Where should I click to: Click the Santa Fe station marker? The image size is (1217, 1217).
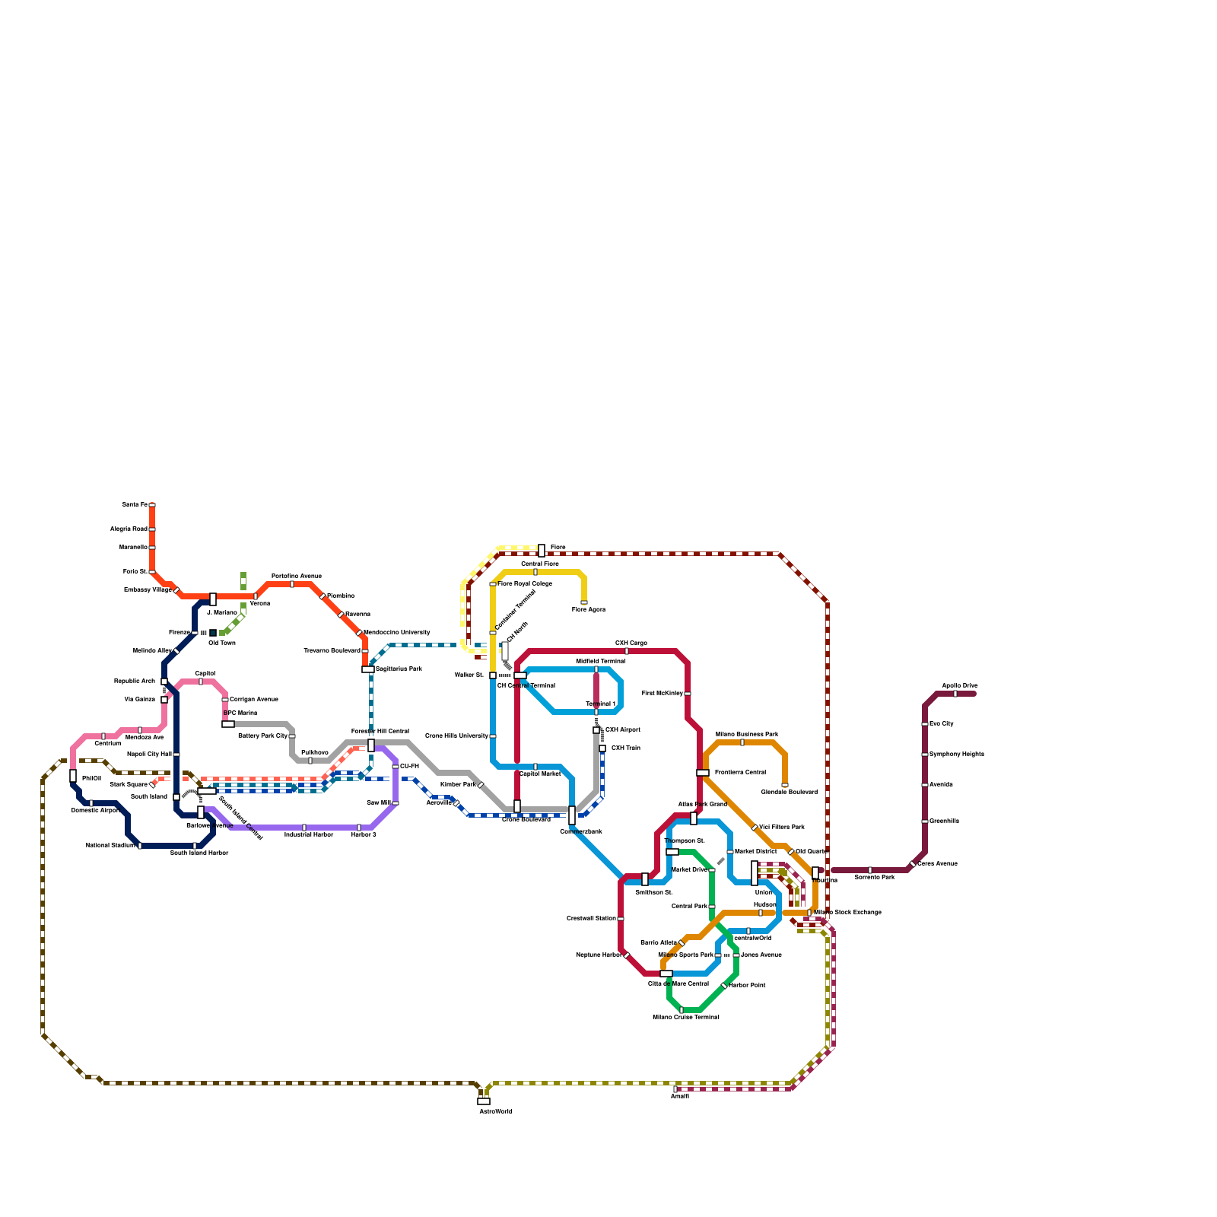coord(152,505)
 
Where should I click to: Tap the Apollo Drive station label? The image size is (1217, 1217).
coord(959,685)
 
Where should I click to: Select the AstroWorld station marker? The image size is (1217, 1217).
coord(484,1101)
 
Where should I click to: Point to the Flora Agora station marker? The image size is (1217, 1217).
coord(584,602)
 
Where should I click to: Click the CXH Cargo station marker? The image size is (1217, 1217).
coord(627,651)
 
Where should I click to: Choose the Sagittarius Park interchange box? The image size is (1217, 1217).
coord(368,669)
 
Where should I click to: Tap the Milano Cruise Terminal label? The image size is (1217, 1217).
coord(685,1017)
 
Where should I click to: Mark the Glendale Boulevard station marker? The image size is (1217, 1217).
coord(785,785)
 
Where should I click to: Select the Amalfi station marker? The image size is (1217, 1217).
coord(675,1089)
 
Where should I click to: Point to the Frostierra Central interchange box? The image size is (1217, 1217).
coord(703,773)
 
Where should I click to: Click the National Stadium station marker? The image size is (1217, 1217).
coord(140,846)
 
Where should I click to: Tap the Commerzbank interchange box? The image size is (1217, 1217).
coord(572,815)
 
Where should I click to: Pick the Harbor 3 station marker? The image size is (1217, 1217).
coord(359,828)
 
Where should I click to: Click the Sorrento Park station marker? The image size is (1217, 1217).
coord(870,870)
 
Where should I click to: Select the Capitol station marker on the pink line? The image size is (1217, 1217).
coord(201,682)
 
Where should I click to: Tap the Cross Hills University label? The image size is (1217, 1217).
coord(456,736)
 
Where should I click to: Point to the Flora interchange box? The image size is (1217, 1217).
coord(542,551)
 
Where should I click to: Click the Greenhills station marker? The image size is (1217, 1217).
coord(925,821)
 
